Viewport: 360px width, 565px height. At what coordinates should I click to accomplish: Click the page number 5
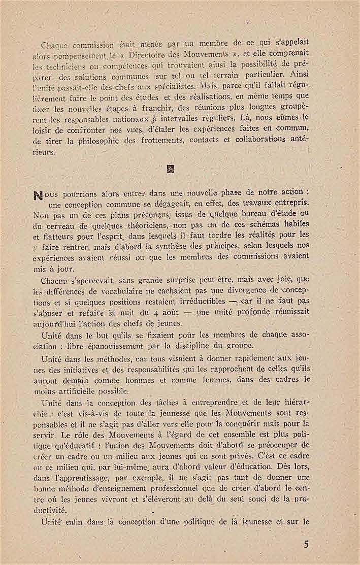coord(306,545)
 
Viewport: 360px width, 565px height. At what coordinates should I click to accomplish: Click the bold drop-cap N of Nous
coord(50,194)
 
